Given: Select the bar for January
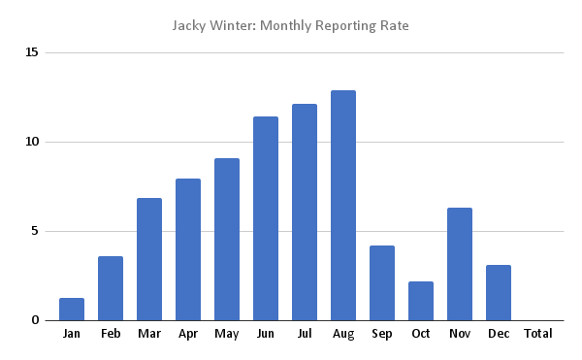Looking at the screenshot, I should click(72, 309).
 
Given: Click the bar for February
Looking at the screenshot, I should click(111, 288).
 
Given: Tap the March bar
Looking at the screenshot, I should click(149, 259).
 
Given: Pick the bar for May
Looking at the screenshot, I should click(227, 239).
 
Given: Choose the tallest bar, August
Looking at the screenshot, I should click(343, 205).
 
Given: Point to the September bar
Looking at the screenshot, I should click(382, 282).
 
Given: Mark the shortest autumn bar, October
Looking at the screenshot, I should click(421, 301).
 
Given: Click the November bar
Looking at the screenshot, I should click(460, 264).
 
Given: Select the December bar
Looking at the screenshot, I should click(499, 292).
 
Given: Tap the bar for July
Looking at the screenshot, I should click(305, 212).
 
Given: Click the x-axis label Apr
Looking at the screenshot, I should click(188, 334).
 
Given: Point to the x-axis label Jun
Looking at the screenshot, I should click(266, 334).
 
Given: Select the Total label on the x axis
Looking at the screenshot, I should click(537, 334).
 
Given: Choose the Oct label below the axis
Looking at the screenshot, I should click(421, 334).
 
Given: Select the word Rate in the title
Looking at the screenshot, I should click(395, 24).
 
